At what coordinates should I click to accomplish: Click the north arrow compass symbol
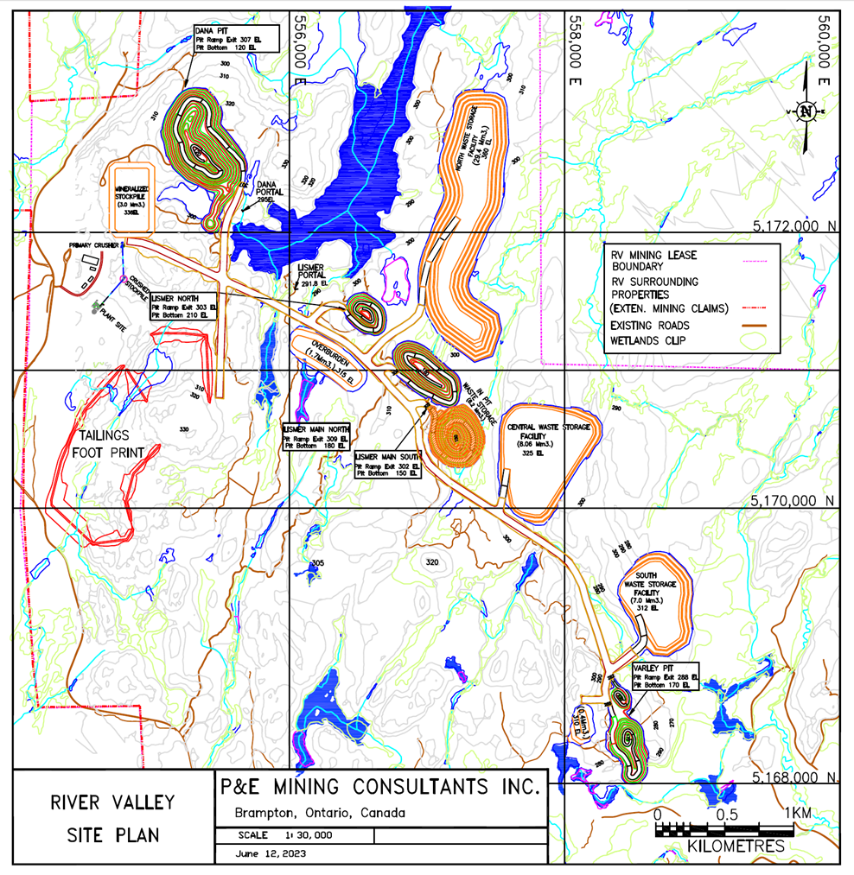pyautogui.click(x=806, y=111)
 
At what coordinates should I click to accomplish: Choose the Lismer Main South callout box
pyautogui.click(x=388, y=465)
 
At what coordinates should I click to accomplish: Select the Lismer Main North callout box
pyautogui.click(x=318, y=434)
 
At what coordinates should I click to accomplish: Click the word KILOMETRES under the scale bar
pyautogui.click(x=736, y=846)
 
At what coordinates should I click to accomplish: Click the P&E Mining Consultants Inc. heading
pyautogui.click(x=379, y=788)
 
